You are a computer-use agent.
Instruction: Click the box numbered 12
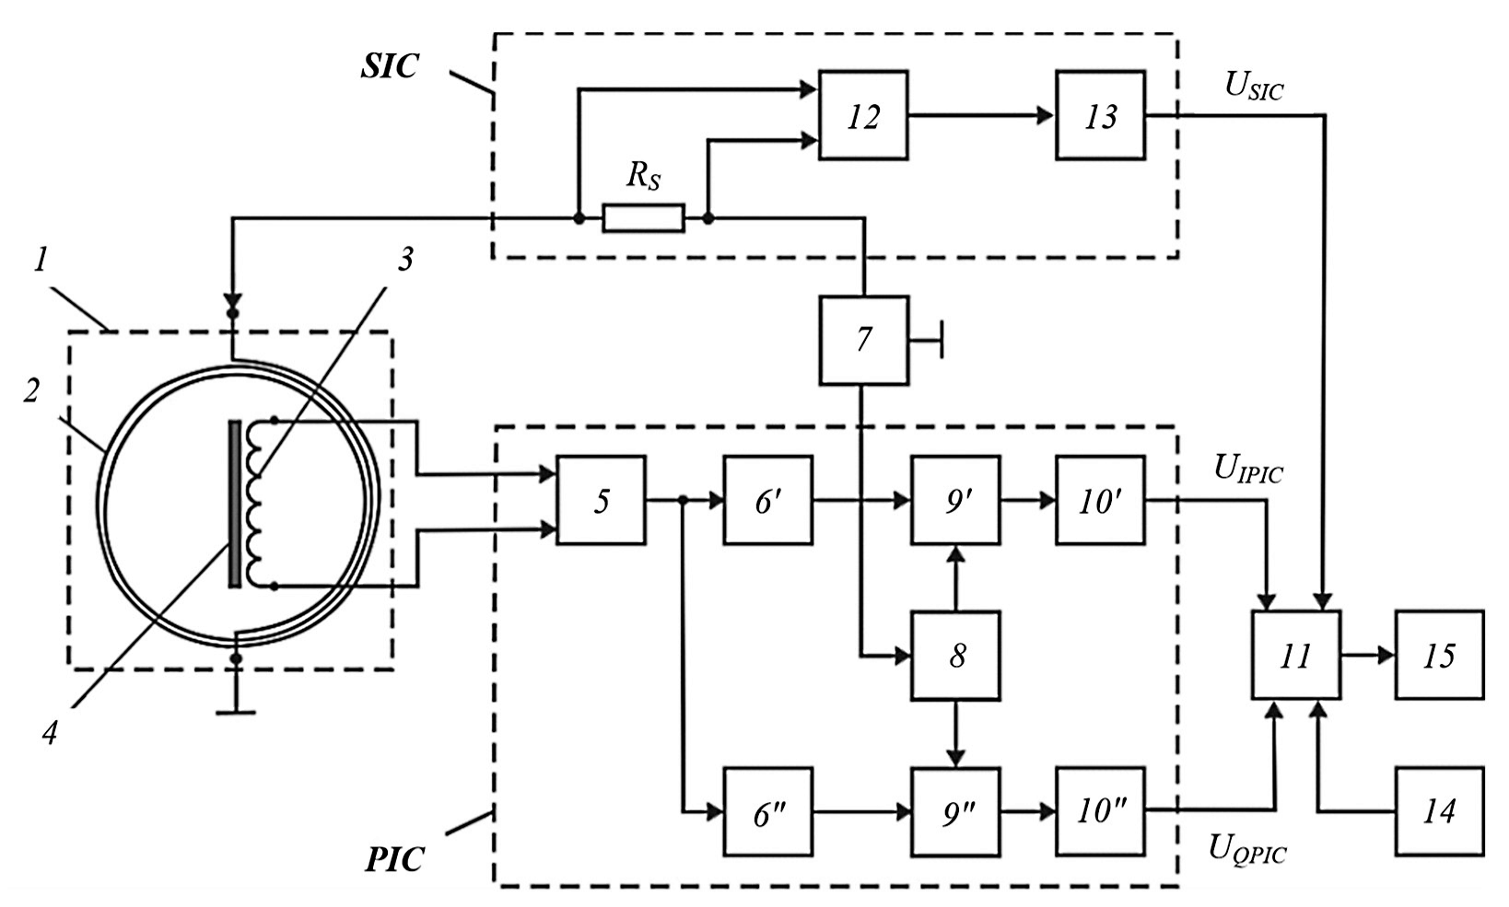pos(863,115)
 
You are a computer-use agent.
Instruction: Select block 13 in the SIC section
pos(1100,115)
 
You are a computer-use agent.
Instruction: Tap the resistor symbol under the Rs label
pos(643,218)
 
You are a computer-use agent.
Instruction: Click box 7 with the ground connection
pos(863,340)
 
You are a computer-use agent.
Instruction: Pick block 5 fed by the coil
pos(601,500)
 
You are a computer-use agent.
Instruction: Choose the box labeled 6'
pos(767,500)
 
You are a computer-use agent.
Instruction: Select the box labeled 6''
pos(767,811)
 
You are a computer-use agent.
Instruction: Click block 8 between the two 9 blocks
pos(955,656)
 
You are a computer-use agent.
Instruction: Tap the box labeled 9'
pos(955,500)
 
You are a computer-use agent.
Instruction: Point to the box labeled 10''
pos(1100,811)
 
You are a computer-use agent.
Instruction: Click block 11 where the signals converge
pos(1295,656)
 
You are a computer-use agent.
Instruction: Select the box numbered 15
pos(1439,656)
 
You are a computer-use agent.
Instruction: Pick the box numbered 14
pos(1439,811)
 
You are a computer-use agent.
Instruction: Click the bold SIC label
pos(389,66)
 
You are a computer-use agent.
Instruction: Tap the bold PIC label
pos(394,859)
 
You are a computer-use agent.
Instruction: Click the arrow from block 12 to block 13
pos(981,115)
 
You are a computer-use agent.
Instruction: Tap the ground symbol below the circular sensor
pos(236,709)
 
